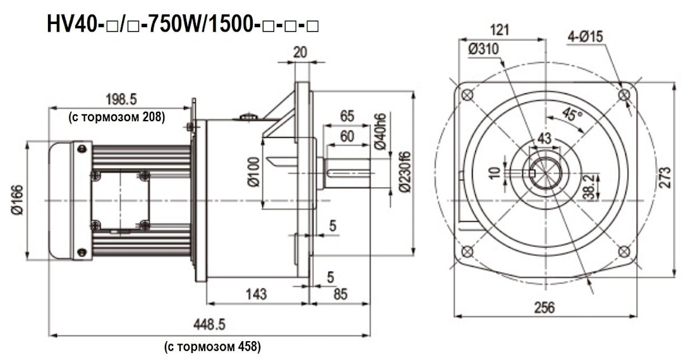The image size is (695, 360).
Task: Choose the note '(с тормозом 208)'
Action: click(x=116, y=116)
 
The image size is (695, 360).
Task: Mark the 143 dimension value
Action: click(x=256, y=294)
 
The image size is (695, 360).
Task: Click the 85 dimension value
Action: click(x=340, y=294)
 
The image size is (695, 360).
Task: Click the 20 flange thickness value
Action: click(x=300, y=52)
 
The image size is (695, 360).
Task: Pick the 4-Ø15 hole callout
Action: click(x=585, y=37)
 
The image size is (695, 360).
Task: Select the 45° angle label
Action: click(x=572, y=115)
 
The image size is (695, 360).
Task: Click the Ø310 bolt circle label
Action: click(x=484, y=49)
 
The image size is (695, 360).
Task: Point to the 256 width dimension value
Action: click(x=544, y=308)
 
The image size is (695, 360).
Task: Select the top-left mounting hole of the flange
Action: click(x=467, y=95)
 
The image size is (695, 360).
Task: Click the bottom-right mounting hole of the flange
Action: click(x=624, y=251)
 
